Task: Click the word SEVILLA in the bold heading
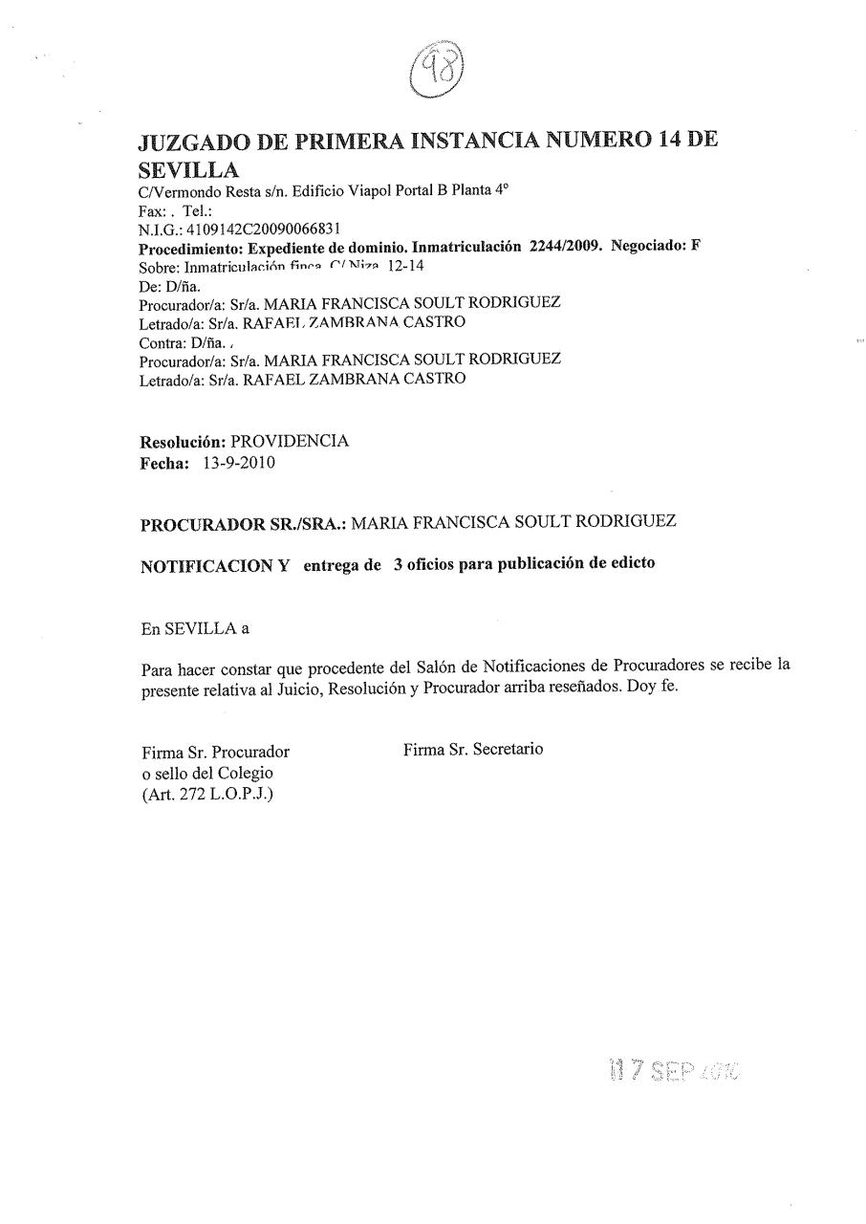coord(188,171)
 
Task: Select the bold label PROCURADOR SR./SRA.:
coord(246,524)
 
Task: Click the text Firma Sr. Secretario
coord(473,750)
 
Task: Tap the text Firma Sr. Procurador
coord(214,752)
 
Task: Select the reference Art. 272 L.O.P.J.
coord(207,794)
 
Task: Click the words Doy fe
coord(652,688)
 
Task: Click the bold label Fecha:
coord(166,464)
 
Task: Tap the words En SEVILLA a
coord(194,628)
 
